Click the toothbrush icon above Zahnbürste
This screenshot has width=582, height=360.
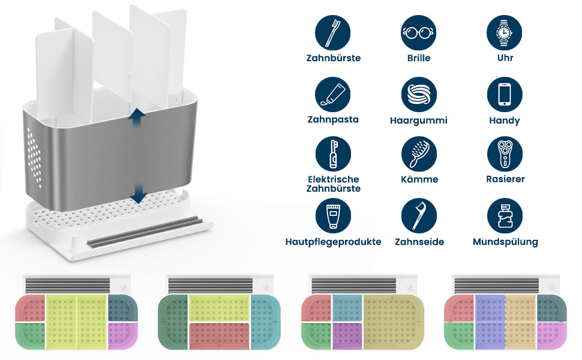point(332,32)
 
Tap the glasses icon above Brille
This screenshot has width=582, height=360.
point(419,32)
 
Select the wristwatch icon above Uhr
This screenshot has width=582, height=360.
point(505,32)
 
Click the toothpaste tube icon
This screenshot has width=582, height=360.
point(332,95)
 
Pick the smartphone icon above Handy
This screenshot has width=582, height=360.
point(505,95)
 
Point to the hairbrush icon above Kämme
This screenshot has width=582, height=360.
point(419,154)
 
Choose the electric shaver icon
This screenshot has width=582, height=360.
point(505,154)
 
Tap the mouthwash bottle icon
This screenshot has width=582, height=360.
point(505,216)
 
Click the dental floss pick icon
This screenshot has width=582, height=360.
point(419,216)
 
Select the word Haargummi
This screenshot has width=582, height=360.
point(419,121)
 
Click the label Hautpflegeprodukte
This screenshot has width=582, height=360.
point(334,242)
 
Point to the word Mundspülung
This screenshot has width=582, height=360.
point(505,242)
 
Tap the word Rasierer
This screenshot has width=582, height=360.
point(505,179)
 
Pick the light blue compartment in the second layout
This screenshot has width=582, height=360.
point(265,322)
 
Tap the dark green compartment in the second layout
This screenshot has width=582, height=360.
point(173,322)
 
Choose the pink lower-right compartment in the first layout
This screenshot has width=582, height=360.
point(123,335)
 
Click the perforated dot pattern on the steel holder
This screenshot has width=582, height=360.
point(34,157)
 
